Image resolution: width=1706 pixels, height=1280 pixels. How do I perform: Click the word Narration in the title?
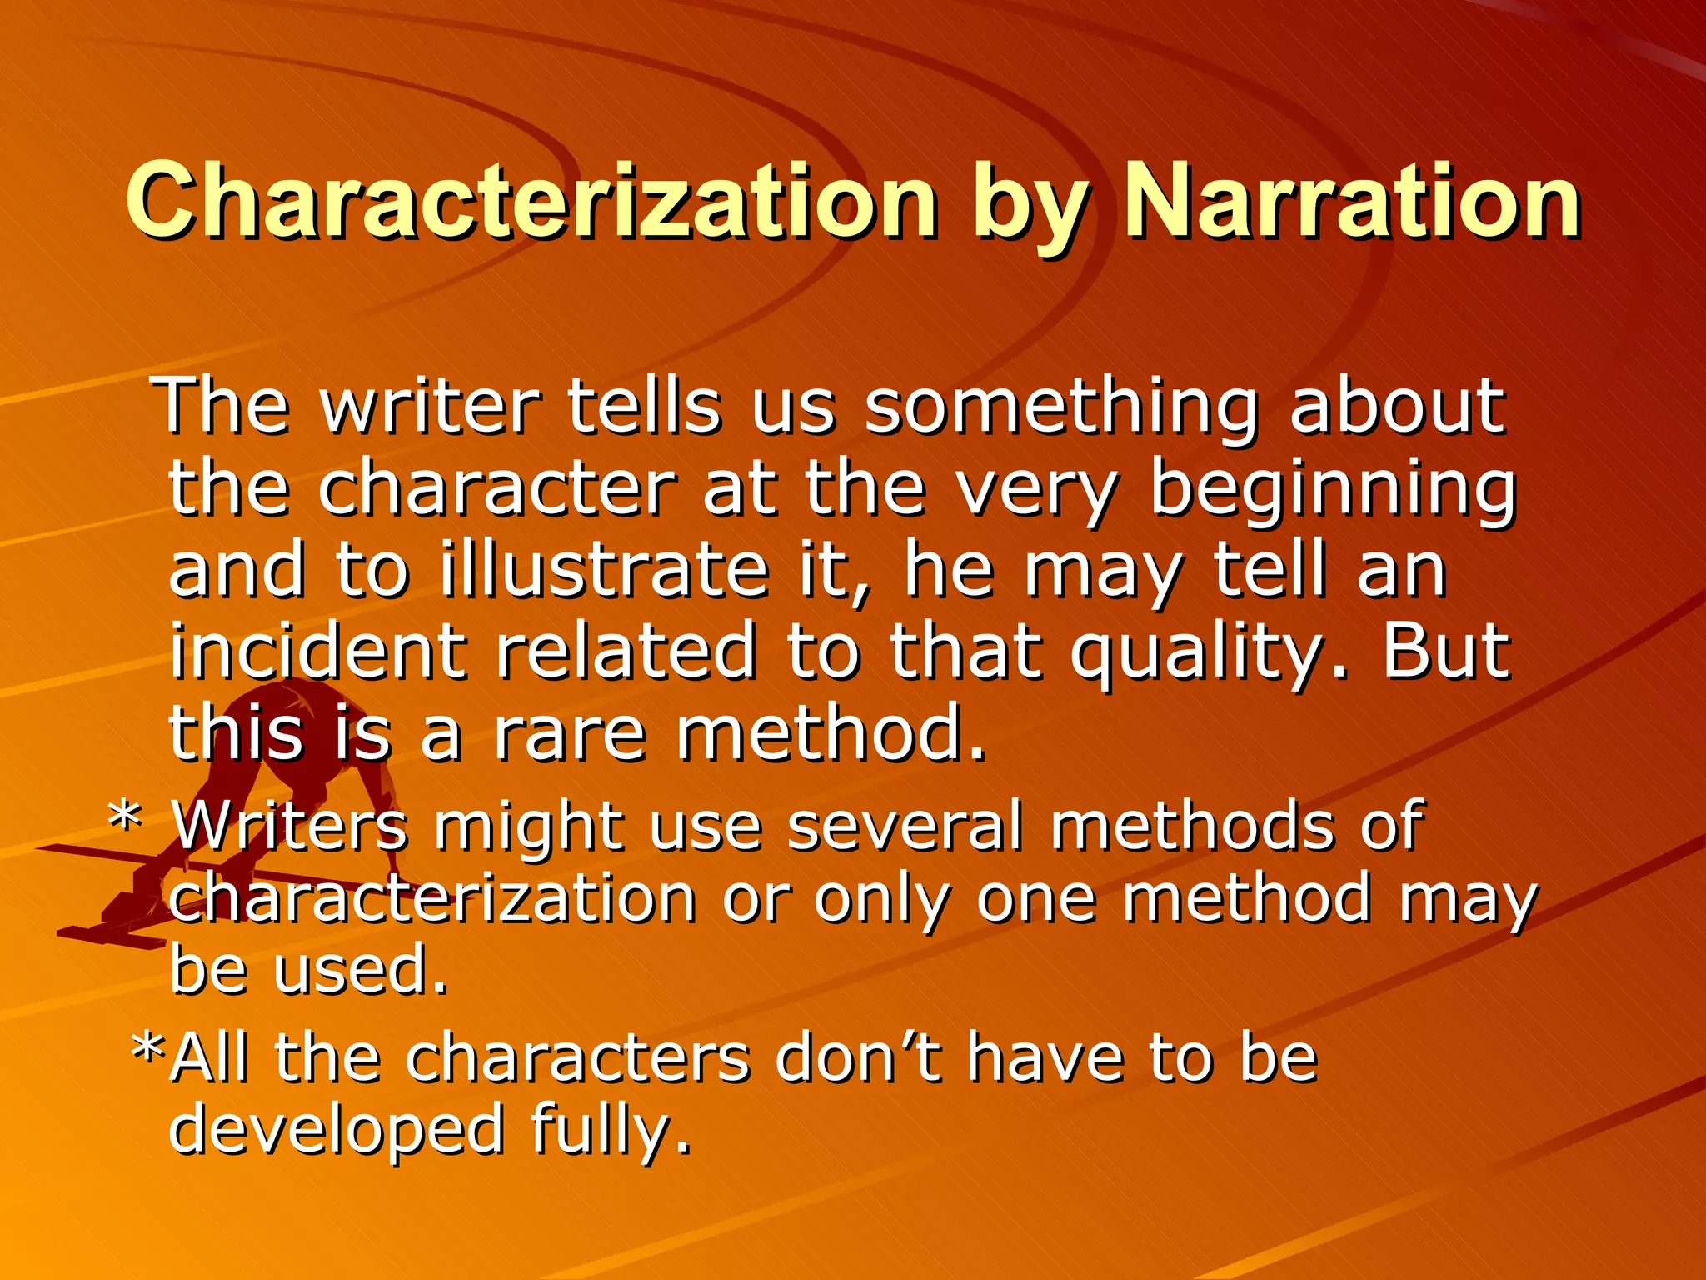(1351, 200)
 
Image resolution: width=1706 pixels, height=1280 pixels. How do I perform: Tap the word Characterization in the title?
(531, 200)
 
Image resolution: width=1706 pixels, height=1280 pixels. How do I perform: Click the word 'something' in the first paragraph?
(1060, 407)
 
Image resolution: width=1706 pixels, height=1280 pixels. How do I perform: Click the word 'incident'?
(317, 652)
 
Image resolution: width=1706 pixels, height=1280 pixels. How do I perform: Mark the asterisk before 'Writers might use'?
(126, 821)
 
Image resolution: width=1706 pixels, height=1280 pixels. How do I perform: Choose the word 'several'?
(904, 825)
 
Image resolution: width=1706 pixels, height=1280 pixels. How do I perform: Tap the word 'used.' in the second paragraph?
(361, 970)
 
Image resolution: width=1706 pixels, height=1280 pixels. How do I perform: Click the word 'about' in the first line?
(1397, 407)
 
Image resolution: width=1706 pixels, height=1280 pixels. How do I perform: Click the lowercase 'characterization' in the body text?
(432, 898)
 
